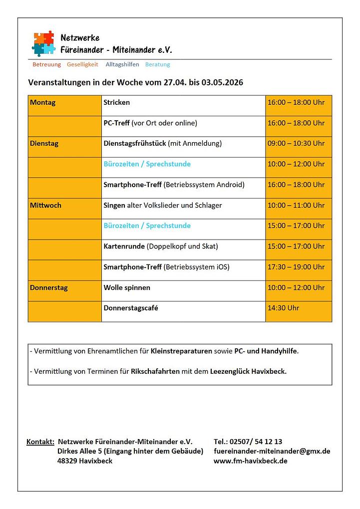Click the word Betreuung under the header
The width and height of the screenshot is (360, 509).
coord(46,64)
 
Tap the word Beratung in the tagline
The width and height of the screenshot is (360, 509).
coord(157,64)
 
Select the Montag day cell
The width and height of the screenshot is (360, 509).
coord(43,103)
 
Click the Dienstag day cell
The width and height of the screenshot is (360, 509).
coord(44,144)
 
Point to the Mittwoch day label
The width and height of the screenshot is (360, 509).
coord(45,205)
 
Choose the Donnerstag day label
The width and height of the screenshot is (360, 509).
coord(48,288)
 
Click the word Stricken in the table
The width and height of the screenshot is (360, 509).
coord(116,103)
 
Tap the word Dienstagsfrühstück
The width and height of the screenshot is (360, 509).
coord(135,144)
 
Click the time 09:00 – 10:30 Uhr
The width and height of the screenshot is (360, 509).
coord(296,144)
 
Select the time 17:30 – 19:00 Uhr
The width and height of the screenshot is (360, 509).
coord(296,267)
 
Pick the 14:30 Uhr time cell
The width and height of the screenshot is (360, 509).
coord(283,308)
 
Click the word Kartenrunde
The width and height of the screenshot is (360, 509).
coord(124,247)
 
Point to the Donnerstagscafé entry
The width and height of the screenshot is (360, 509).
coord(131,308)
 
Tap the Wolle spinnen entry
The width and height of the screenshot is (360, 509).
coord(127,288)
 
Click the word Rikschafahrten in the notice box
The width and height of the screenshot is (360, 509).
coord(155,372)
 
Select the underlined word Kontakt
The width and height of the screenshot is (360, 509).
coord(40,442)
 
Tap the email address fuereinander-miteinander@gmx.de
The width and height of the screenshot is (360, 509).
coord(272,452)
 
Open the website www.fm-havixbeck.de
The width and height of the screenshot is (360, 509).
coord(250,461)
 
